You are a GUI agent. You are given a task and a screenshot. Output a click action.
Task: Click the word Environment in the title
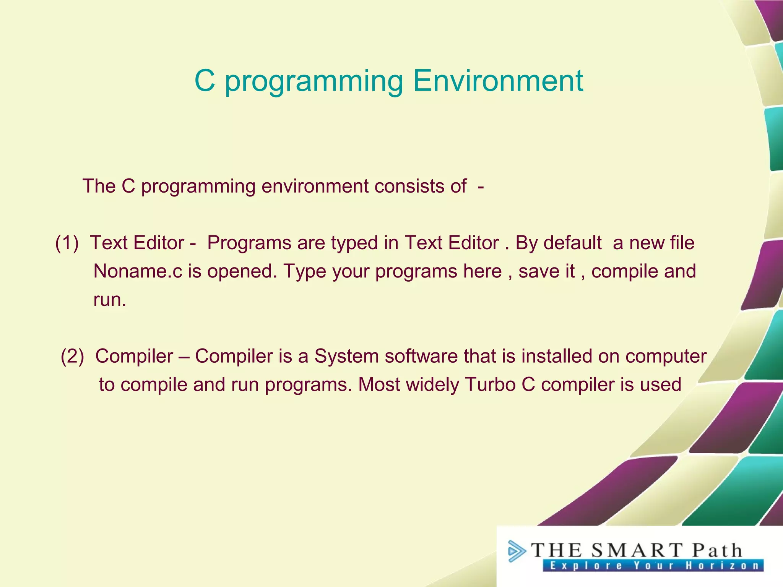point(498,81)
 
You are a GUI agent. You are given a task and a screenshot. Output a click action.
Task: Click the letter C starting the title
point(205,81)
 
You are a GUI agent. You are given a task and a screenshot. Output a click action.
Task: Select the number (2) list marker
point(72,356)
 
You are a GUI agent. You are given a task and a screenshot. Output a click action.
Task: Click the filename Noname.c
point(138,271)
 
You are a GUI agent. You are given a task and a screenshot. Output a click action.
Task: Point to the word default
point(572,243)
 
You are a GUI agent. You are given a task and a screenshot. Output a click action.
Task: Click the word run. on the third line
point(109,300)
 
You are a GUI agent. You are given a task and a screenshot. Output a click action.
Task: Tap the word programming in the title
point(314,81)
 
